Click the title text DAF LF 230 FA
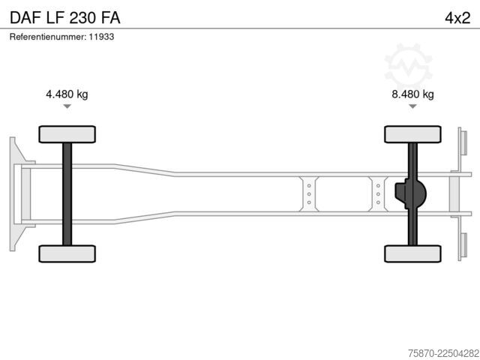point(65,18)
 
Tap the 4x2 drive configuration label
point(457,18)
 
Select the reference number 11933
point(101,37)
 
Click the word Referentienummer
point(47,37)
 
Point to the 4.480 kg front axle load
point(67,94)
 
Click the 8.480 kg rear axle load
point(412,94)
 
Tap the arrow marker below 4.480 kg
point(67,106)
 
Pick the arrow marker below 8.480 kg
point(412,106)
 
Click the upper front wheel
point(67,134)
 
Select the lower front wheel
point(67,253)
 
